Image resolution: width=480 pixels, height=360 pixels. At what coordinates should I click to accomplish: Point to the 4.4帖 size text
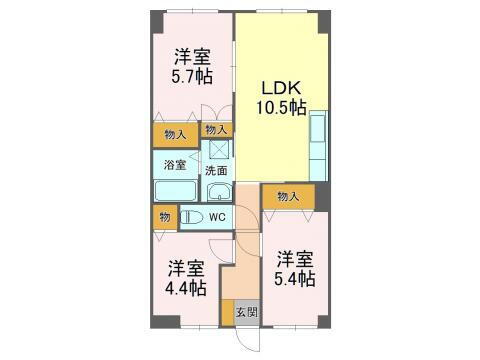pos(187,288)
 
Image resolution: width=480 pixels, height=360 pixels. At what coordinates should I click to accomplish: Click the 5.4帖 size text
pos(296,277)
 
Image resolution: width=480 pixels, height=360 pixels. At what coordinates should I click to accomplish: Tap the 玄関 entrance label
pos(246,312)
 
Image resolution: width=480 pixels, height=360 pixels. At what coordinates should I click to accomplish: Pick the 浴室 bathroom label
pos(174,164)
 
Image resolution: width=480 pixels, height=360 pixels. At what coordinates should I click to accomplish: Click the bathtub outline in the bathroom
pos(176,191)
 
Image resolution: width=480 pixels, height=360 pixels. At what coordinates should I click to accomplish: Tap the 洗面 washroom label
pos(216,171)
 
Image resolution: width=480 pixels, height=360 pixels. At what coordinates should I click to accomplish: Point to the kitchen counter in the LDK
pos(318,144)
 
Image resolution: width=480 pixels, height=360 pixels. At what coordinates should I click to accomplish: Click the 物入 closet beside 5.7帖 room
pos(174,135)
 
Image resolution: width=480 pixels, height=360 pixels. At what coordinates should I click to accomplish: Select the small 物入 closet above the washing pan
pos(216,129)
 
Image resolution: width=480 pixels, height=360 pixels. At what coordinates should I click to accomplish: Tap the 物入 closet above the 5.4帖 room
pos(288,197)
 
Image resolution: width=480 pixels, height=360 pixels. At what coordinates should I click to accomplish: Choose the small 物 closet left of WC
pos(163,216)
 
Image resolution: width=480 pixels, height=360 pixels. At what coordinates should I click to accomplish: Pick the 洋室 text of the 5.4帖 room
pos(296,256)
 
